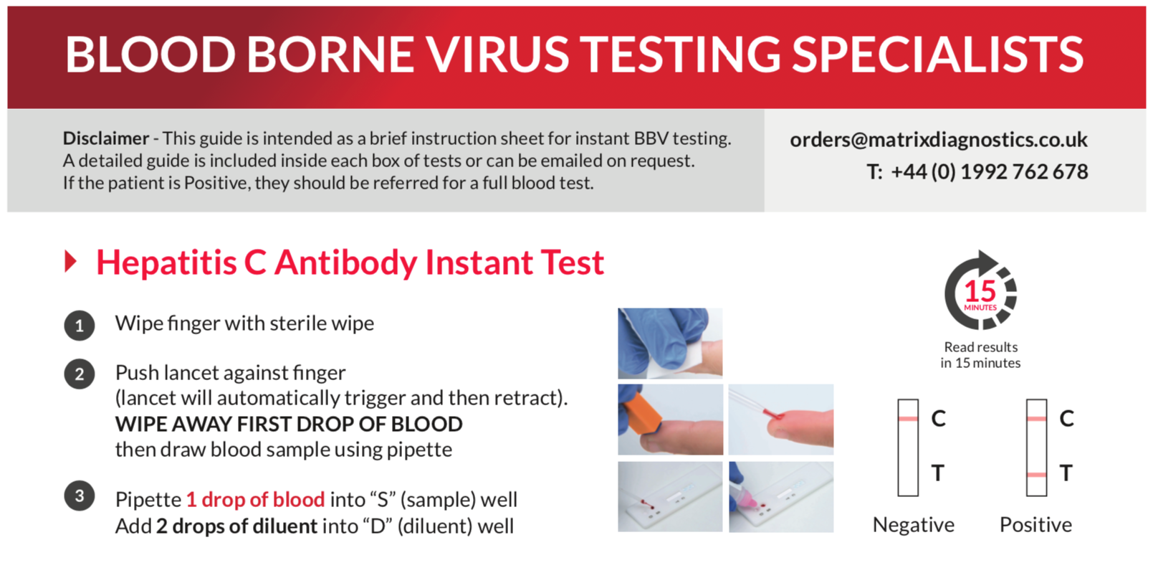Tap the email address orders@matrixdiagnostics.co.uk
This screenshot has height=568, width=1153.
click(x=938, y=140)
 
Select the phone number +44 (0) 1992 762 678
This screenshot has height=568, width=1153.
click(x=989, y=172)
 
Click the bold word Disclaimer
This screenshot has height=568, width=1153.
click(x=105, y=138)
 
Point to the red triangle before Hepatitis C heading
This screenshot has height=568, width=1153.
click(x=70, y=261)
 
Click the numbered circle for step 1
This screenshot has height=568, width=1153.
click(x=80, y=326)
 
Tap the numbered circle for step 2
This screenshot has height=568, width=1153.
click(x=80, y=374)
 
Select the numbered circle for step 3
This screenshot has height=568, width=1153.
click(x=80, y=496)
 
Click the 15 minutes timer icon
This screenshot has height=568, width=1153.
click(x=980, y=291)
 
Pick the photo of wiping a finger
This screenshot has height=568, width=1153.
click(x=670, y=343)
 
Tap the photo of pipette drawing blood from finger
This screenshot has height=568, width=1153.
click(x=780, y=419)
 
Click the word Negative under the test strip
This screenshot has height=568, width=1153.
click(x=913, y=525)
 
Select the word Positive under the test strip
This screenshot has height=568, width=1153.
click(x=1035, y=525)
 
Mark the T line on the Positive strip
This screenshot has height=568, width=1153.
click(x=1036, y=475)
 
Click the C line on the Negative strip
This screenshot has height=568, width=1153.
click(x=908, y=418)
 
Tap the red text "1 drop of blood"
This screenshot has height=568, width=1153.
click(x=256, y=499)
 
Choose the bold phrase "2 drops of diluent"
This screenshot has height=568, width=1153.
click(x=236, y=526)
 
